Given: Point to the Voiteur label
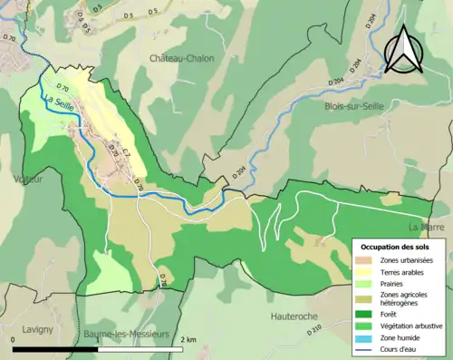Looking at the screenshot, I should click(27, 180).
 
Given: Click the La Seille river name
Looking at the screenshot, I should click(58, 105).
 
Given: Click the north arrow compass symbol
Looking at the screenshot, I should click(405, 48).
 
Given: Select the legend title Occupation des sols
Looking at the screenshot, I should click(396, 247).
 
